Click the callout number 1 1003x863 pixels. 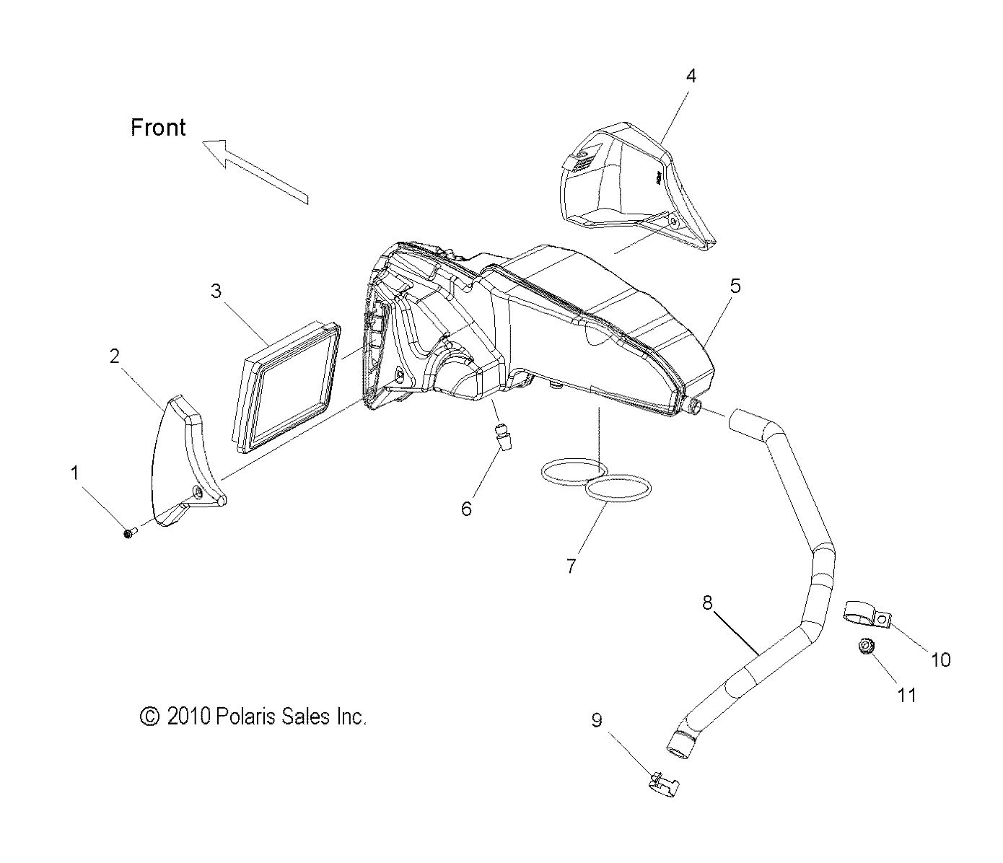coord(74,473)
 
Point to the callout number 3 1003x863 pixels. coord(216,291)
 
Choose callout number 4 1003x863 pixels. coord(691,76)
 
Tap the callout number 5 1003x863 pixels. coord(735,286)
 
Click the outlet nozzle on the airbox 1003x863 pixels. coord(694,406)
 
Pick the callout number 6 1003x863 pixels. coord(466,509)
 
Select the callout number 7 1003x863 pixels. coord(571,566)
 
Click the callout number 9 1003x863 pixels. coord(597,720)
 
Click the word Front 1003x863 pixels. coord(158,128)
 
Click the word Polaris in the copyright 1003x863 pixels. coord(248,717)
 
